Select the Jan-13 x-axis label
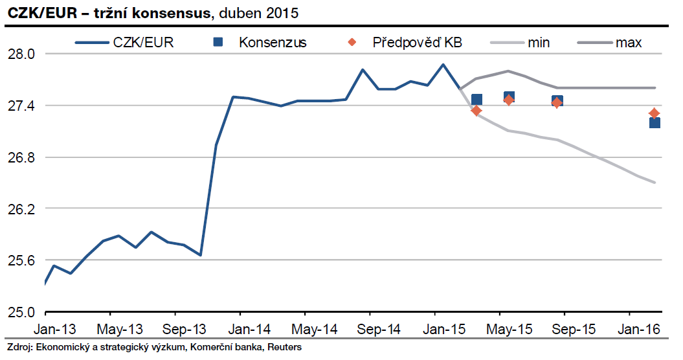tap(54, 330)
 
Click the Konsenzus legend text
tap(273, 43)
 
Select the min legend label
tap(539, 43)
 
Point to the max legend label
tap(629, 43)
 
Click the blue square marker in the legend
tap(218, 43)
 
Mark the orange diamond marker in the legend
tap(352, 43)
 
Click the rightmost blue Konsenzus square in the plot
tap(655, 122)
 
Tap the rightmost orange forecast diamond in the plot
tap(655, 113)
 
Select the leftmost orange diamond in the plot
tap(476, 111)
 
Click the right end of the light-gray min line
tap(655, 182)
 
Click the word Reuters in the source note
tap(285, 347)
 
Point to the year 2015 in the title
tap(285, 12)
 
